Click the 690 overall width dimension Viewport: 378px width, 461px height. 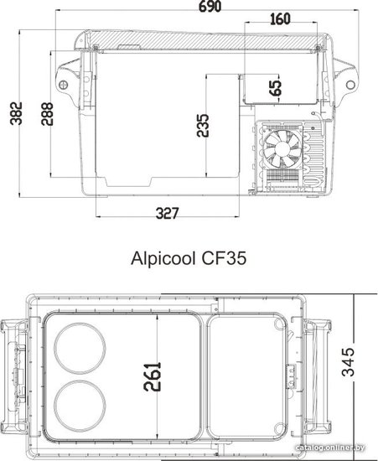click(210, 6)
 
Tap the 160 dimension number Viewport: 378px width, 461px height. click(280, 19)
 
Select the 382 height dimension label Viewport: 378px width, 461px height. click(16, 113)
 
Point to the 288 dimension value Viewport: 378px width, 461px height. click(47, 114)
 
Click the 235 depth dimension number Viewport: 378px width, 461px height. click(203, 125)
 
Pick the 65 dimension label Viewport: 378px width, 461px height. click(276, 88)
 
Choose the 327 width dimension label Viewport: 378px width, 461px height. click(167, 213)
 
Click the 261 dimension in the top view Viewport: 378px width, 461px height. click(153, 376)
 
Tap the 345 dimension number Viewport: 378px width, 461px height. click(348, 362)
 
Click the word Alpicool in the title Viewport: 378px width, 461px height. click(163, 259)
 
